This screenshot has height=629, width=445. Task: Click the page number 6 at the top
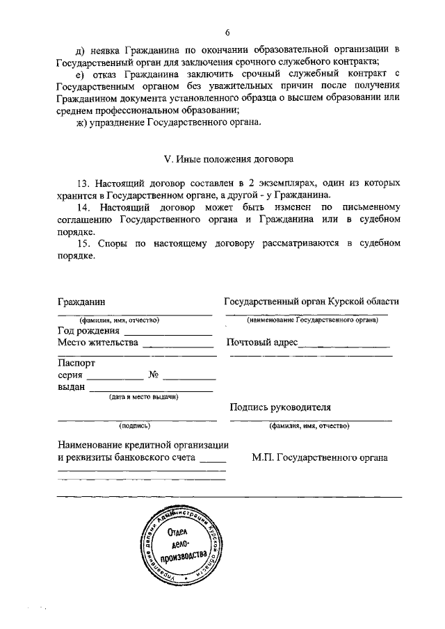coord(227,32)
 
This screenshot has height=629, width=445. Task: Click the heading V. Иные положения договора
coord(228,158)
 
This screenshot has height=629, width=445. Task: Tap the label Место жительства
coord(98,343)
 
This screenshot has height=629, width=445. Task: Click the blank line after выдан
coord(150,390)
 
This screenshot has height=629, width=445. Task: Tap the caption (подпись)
coord(134,425)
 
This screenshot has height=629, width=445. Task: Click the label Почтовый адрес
coord(261,343)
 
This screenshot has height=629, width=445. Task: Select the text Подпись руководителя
coord(280,407)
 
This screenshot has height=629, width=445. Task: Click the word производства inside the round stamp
coord(184,556)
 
